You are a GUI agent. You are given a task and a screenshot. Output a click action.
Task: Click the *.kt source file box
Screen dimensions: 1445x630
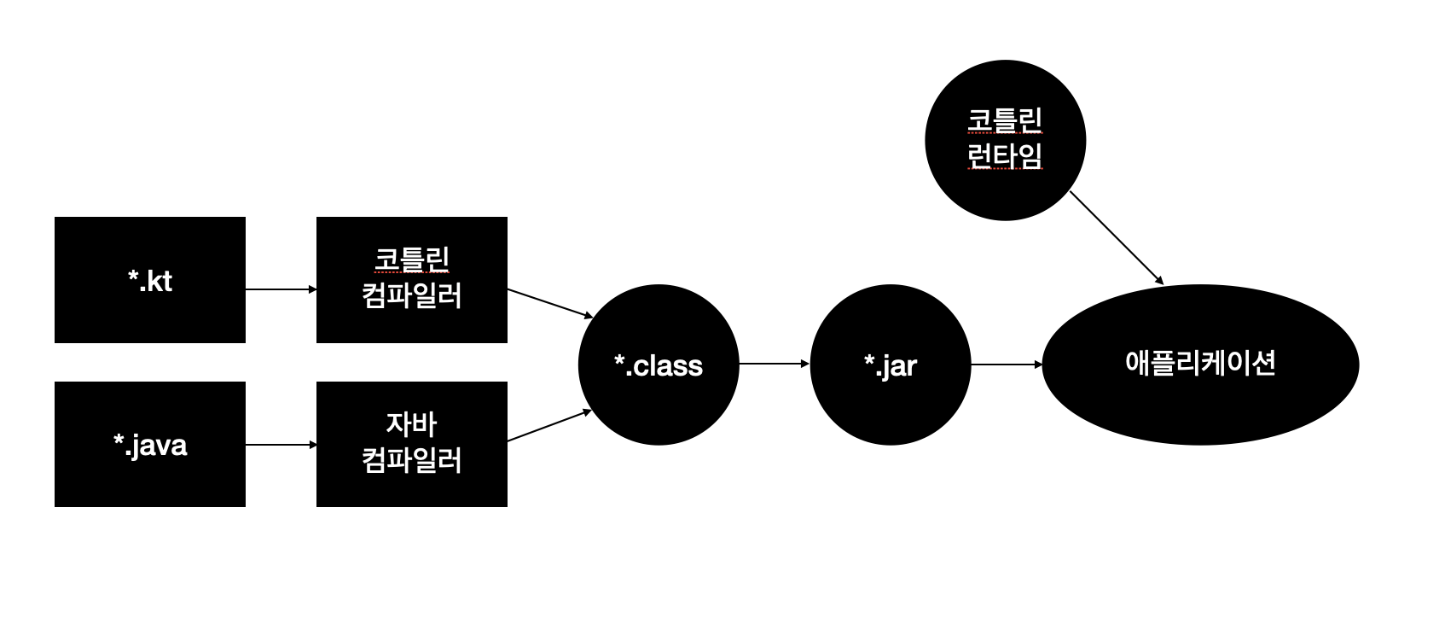(x=149, y=280)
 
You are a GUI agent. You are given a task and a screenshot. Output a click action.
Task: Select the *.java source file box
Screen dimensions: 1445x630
(x=149, y=444)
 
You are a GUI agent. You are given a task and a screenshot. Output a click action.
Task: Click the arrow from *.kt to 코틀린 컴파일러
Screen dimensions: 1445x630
(x=281, y=289)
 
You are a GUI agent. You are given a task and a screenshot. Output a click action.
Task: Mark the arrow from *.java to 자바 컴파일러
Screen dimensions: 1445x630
(x=281, y=445)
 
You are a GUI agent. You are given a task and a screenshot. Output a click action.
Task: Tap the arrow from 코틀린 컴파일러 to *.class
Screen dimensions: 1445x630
(x=549, y=303)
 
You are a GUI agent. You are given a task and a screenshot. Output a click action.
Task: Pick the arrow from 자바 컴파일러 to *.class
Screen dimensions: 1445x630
(x=549, y=425)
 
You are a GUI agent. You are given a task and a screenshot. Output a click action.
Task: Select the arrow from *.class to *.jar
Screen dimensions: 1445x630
(x=774, y=364)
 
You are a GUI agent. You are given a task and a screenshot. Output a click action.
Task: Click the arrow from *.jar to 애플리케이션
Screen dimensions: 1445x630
(x=1007, y=365)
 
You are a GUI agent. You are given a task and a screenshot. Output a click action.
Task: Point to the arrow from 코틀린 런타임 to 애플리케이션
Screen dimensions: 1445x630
(x=1117, y=238)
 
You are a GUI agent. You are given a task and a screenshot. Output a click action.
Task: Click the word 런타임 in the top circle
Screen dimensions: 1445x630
(x=1005, y=156)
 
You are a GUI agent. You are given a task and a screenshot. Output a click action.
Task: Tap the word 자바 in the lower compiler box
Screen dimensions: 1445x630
(x=411, y=423)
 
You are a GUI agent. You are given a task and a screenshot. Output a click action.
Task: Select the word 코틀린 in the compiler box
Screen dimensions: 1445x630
(x=411, y=260)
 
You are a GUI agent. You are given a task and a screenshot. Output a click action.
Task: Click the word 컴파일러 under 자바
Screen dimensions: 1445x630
(x=411, y=461)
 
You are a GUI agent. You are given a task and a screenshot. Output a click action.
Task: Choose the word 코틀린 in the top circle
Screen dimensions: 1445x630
(x=1005, y=120)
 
